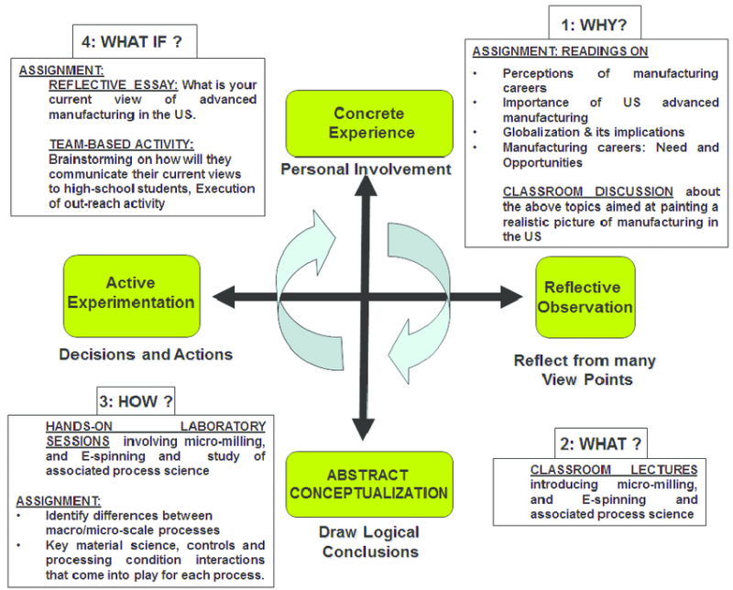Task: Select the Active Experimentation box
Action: point(130,292)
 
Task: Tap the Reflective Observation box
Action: point(585,297)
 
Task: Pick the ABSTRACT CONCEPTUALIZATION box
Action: point(367,484)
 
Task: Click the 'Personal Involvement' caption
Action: point(366,169)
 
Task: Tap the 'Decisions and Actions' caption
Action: point(147,354)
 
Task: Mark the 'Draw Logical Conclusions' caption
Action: point(369,541)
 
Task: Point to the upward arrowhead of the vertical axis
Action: point(366,186)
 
